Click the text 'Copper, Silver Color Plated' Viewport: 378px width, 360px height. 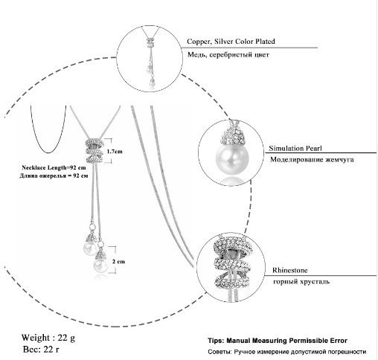coord(231,42)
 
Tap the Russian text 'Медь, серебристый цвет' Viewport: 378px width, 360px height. coord(228,54)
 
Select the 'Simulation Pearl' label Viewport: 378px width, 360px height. coord(295,148)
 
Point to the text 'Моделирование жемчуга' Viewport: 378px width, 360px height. coord(312,159)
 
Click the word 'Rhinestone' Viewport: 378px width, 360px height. coord(289,270)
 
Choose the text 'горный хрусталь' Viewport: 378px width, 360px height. coord(301,281)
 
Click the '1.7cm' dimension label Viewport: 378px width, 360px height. coord(115,151)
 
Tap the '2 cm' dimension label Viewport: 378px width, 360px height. coord(118,261)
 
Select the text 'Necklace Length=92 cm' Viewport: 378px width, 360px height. coord(54,167)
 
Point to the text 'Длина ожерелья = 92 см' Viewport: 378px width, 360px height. coord(54,176)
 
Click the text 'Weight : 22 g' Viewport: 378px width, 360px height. coord(48,338)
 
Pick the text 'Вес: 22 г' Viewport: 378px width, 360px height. coord(41,349)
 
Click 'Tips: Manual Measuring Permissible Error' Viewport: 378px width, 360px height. coord(278,341)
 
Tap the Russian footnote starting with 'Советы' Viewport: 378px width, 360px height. coord(287,352)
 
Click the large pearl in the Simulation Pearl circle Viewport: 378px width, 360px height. coord(232,158)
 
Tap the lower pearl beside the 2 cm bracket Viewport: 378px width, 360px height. coord(100,266)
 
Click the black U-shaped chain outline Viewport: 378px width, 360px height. coord(48,152)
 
